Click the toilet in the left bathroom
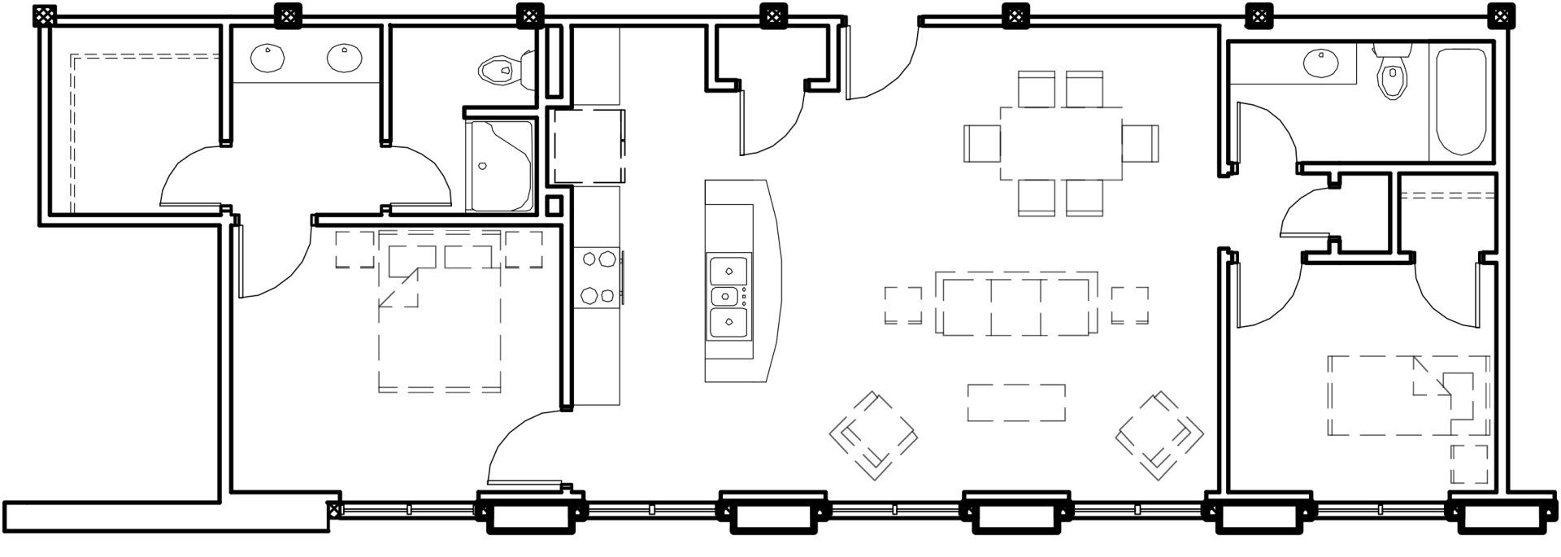(x=502, y=70)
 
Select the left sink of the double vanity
(x=268, y=57)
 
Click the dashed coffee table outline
(x=1016, y=403)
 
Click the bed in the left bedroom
(x=439, y=317)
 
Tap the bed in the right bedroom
(x=1408, y=396)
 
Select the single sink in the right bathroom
(x=1320, y=63)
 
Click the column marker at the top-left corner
(x=45, y=14)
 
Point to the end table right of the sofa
(x=1130, y=306)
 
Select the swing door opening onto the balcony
(x=524, y=447)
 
